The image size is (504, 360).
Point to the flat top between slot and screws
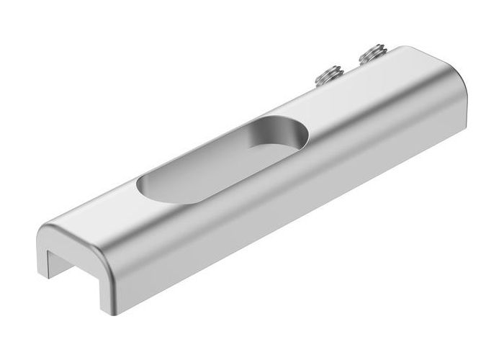pos(346,108)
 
